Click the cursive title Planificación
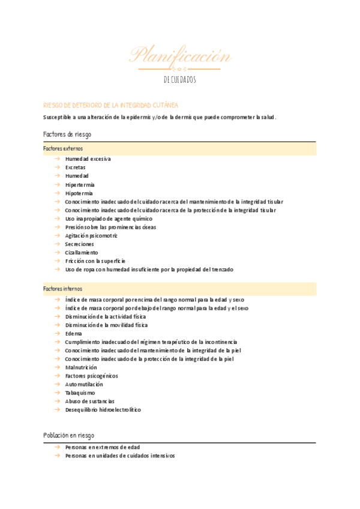tap(180, 56)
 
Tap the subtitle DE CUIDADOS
tap(180, 80)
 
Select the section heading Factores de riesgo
tap(67, 134)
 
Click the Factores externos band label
tap(63, 148)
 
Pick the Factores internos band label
tap(63, 289)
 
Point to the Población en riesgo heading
tap(68, 435)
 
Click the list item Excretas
tap(76, 167)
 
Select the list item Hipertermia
tap(80, 185)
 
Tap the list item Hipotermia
tap(79, 193)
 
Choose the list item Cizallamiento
tap(82, 253)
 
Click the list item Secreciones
tap(80, 244)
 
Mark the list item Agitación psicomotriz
tap(91, 236)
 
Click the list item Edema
tap(74, 333)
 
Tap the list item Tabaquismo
tap(80, 393)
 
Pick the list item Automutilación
tap(84, 384)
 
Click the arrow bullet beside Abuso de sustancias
tap(56, 401)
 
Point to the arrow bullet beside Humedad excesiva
tap(56, 159)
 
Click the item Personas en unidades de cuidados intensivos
tap(120, 456)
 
